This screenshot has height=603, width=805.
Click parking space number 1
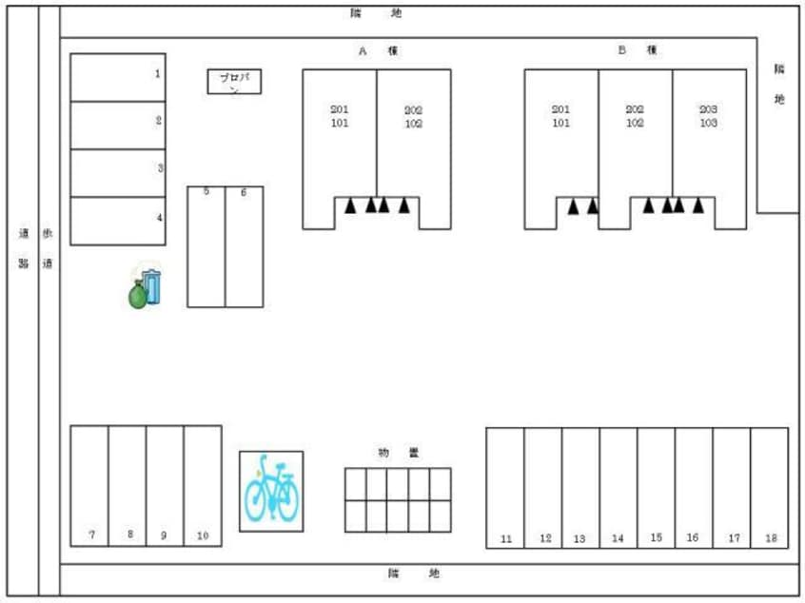tap(118, 77)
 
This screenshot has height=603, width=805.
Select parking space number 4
tap(118, 221)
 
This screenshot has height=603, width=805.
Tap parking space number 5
tap(206, 246)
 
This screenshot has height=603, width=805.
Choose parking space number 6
tap(244, 246)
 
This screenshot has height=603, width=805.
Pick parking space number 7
tap(89, 485)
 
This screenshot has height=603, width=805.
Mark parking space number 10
tap(203, 485)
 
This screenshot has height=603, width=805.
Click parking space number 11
tap(505, 487)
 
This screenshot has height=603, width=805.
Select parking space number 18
tap(770, 487)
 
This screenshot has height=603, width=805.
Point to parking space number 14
tap(618, 487)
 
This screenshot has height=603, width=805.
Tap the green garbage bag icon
tap(138, 294)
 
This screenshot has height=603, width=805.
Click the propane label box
tap(234, 82)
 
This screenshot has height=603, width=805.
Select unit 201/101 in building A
tap(340, 133)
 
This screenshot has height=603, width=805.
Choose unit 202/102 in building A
tap(413, 133)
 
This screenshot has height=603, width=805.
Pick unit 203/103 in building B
tap(709, 133)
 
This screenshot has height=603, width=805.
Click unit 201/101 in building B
tap(561, 133)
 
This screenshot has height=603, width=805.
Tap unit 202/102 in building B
tap(635, 133)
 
